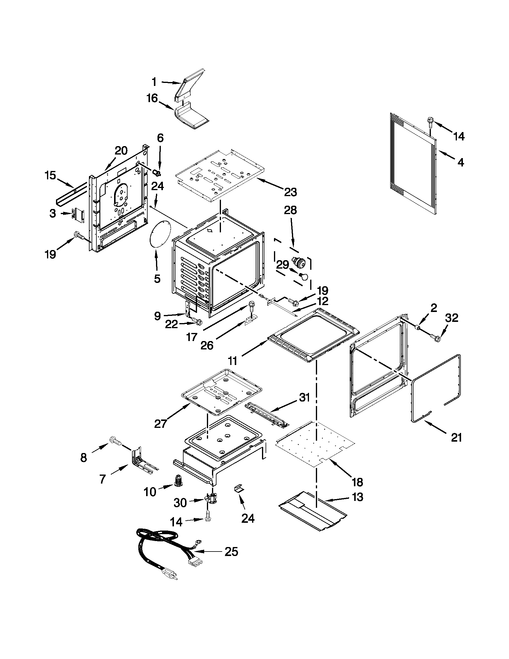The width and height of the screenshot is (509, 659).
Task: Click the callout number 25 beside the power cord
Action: point(231,552)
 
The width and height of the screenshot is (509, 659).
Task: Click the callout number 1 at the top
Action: point(154,82)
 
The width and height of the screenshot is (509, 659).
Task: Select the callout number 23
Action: point(290,192)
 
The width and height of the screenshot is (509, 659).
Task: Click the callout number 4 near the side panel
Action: point(460,163)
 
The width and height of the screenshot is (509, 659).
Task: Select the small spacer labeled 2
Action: point(419,327)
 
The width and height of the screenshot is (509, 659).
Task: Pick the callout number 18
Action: point(357,482)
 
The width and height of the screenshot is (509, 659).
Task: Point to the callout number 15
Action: point(50,175)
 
